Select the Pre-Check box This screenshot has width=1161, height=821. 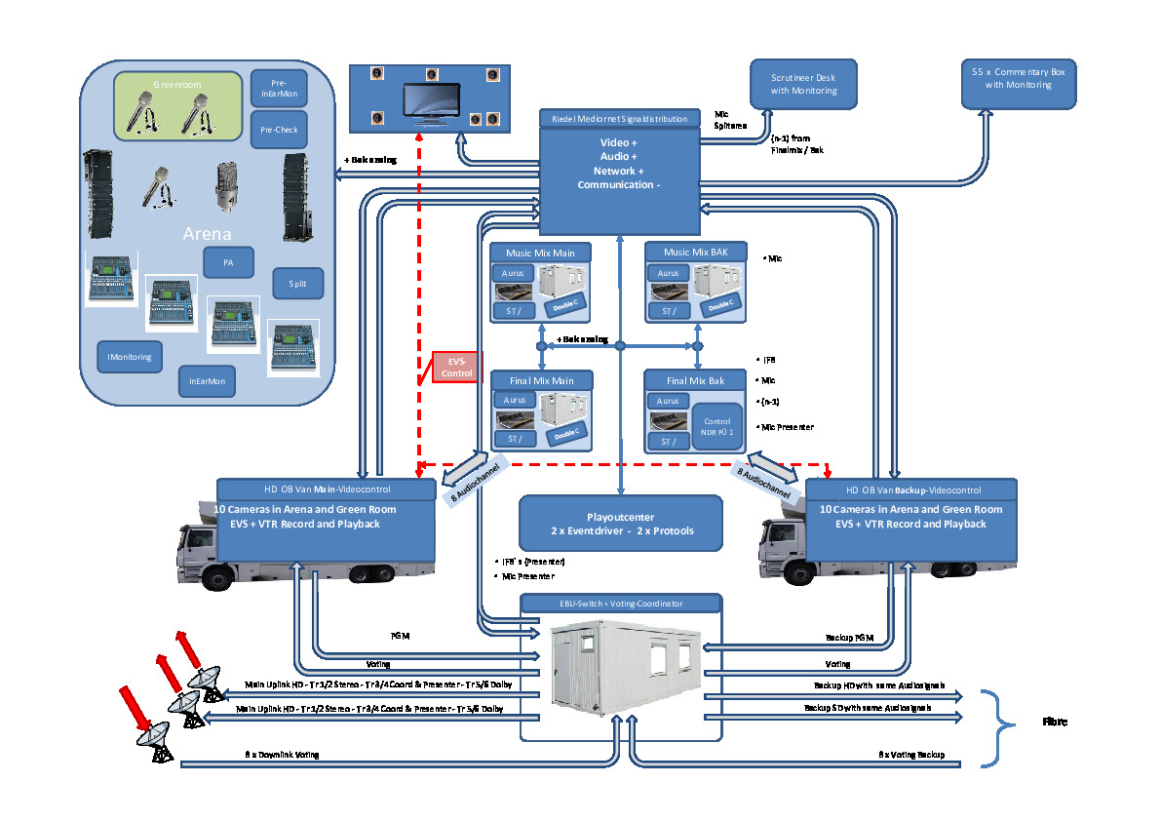click(280, 130)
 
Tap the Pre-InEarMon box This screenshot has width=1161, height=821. click(280, 88)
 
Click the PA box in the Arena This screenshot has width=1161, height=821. click(229, 263)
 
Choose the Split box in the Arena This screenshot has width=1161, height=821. click(297, 284)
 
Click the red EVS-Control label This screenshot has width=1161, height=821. click(454, 367)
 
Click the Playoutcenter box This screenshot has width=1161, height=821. click(620, 524)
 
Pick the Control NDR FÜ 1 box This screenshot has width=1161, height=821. click(716, 426)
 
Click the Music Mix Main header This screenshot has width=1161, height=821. click(539, 253)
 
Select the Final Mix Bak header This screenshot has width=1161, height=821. click(694, 380)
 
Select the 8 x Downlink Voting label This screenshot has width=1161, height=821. click(282, 756)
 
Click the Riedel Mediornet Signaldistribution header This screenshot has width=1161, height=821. click(619, 119)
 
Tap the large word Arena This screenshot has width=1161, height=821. click(207, 235)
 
